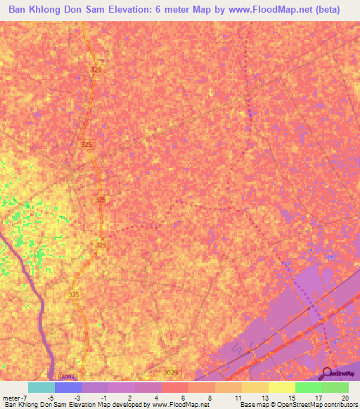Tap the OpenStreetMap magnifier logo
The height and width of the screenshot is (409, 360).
[x=326, y=374]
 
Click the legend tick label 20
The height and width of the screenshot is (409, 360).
[x=345, y=396]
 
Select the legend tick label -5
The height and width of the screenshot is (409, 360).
[x=51, y=396]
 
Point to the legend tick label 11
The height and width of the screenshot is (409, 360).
[x=238, y=396]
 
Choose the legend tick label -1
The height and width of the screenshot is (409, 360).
[x=103, y=396]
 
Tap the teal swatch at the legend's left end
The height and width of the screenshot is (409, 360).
[x=41, y=387]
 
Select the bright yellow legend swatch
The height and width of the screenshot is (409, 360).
[x=282, y=387]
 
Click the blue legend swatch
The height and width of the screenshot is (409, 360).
[x=68, y=387]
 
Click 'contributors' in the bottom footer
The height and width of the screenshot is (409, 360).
[x=338, y=405]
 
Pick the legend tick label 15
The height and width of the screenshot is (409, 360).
[x=291, y=396]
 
